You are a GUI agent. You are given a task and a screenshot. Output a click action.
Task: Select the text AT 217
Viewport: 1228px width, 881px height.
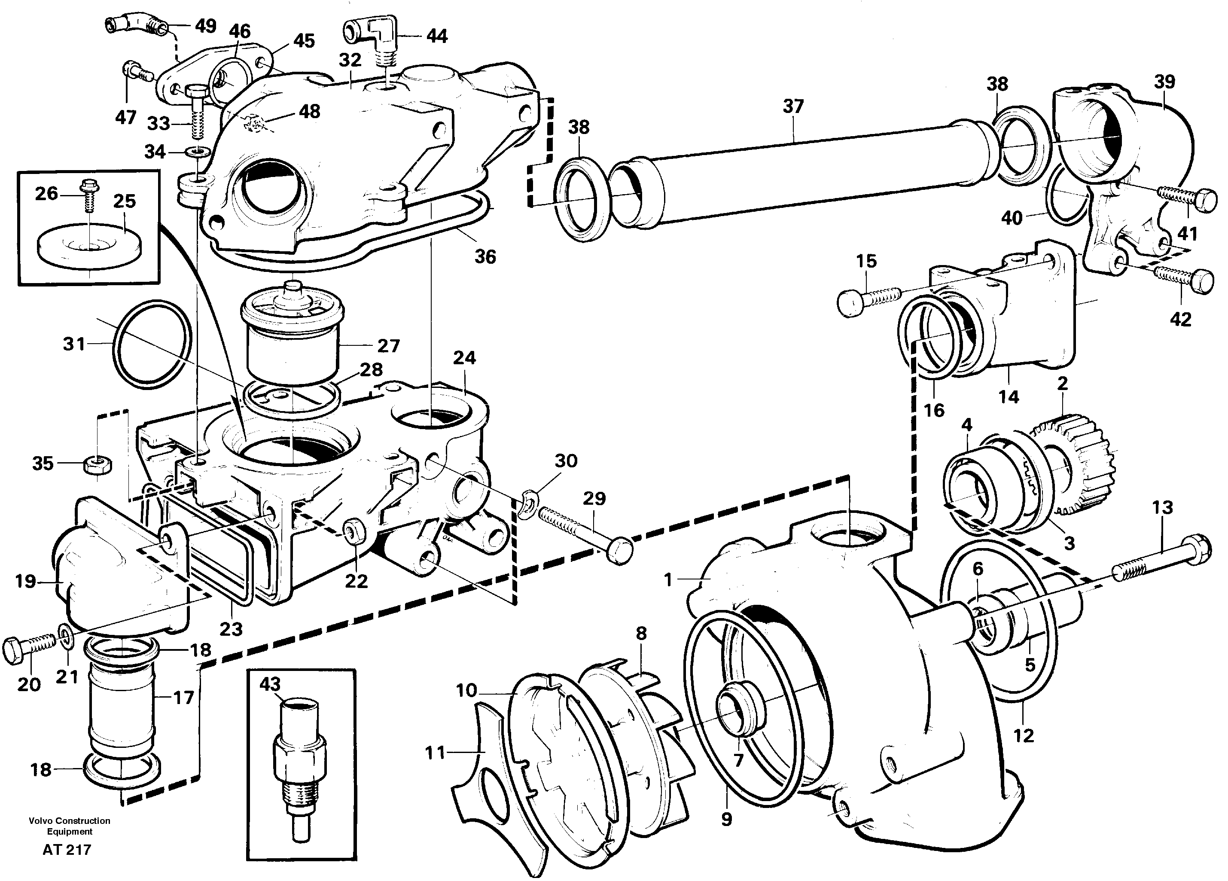click(x=67, y=850)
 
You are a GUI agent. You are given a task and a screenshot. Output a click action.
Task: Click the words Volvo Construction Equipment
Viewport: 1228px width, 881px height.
click(x=69, y=826)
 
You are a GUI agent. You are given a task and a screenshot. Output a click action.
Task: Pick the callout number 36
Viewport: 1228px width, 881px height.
click(x=485, y=257)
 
